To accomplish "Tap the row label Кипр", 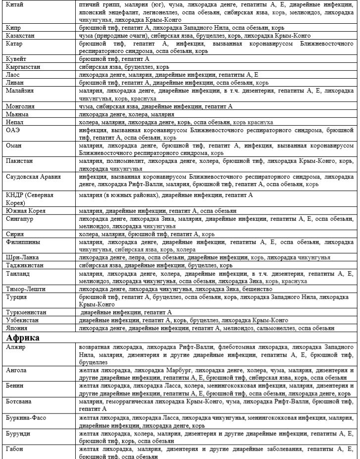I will [x=13, y=28].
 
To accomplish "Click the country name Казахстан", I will [x=20, y=36].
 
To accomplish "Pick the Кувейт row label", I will [x=16, y=58].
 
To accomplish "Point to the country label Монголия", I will [x=20, y=106].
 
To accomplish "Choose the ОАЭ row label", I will [x=12, y=129].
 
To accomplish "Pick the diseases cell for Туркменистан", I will [x=126, y=312].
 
